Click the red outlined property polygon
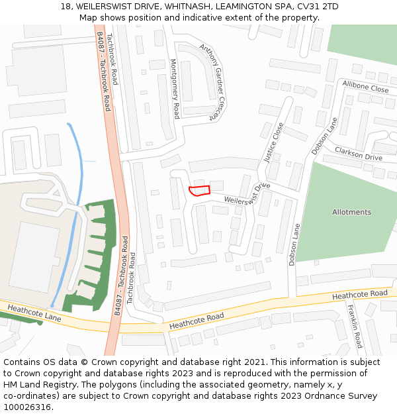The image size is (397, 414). pos(199,191)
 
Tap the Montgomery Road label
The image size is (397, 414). pos(175,88)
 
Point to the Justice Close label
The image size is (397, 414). pos(273,142)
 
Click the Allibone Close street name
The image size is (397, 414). pos(365,87)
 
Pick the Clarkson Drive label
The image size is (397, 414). pos(358,154)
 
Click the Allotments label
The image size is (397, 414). pos(351,213)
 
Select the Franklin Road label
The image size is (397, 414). pos(357,331)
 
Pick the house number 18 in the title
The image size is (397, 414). pos(66,6)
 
